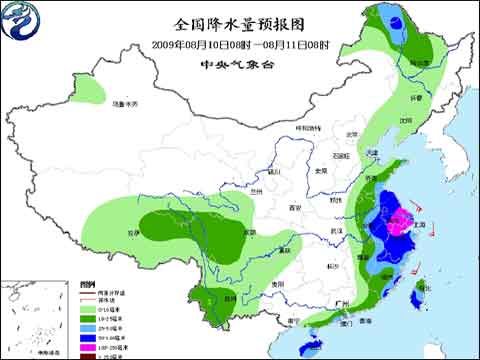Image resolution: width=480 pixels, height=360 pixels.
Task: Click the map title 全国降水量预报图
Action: pyautogui.click(x=239, y=22)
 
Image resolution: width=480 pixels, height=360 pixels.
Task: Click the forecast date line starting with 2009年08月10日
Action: pyautogui.click(x=239, y=43)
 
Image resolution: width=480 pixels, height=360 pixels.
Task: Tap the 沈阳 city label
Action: pyautogui.click(x=406, y=119)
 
